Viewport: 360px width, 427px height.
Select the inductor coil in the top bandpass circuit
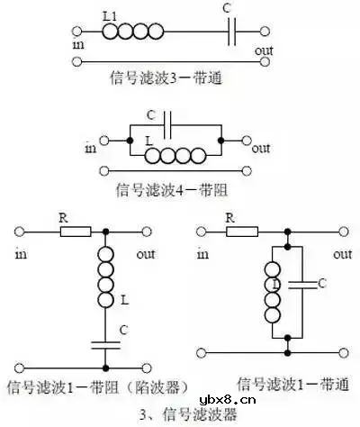coord(134,32)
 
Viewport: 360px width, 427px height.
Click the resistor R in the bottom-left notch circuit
coord(75,232)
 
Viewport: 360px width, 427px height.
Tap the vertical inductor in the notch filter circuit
coord(106,279)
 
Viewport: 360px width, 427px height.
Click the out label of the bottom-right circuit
coord(342,254)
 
